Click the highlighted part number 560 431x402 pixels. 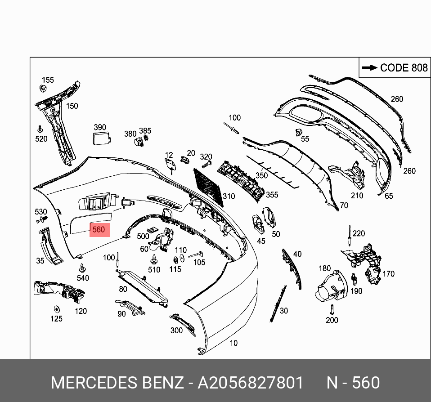click(99, 230)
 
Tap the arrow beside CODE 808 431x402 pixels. click(369, 68)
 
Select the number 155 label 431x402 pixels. click(47, 80)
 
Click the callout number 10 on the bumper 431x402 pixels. click(233, 343)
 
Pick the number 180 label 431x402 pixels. click(324, 268)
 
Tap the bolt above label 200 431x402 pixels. click(331, 309)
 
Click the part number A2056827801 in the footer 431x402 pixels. click(251, 383)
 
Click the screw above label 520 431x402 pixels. click(40, 128)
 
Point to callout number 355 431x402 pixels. click(272, 195)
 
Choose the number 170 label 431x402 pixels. click(388, 273)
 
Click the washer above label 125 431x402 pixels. click(57, 309)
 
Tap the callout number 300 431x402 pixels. click(176, 331)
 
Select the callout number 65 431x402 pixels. click(389, 196)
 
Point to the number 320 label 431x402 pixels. click(206, 157)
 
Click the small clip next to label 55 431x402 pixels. click(298, 132)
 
